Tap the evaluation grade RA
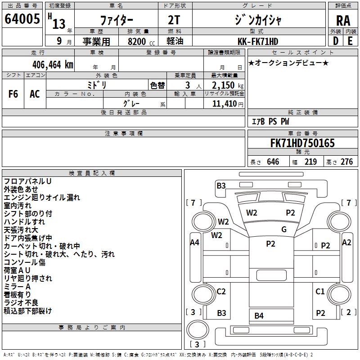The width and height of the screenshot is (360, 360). click(343, 21)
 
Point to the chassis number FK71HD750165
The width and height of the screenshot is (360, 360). click(302, 144)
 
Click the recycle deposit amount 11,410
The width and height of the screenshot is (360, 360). click(225, 104)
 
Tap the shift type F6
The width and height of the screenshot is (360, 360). click(13, 94)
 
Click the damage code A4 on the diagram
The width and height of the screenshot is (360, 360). click(194, 243)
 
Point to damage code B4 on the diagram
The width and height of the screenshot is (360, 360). click(259, 315)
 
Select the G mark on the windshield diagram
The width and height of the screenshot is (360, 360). click(284, 229)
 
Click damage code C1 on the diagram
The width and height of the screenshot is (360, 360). click(320, 292)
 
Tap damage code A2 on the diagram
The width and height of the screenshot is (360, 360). click(346, 243)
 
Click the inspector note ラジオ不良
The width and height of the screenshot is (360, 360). click(21, 302)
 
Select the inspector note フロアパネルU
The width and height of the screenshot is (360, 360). click(27, 181)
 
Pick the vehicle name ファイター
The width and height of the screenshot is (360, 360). click(116, 21)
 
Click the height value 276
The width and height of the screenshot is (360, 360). click(346, 162)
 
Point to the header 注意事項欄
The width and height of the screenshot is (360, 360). click(123, 134)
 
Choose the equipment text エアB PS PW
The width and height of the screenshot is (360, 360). click(270, 121)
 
